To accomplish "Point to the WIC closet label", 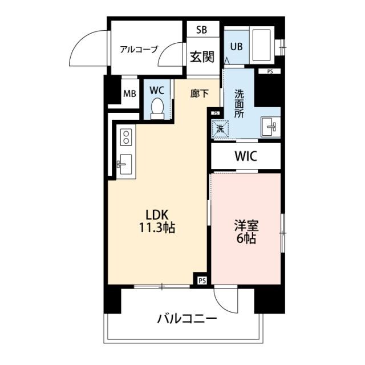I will coord(245,156).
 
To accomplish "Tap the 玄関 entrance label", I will coord(202,56).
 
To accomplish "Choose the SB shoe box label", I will coord(202,30).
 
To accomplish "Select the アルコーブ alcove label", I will coord(138,49).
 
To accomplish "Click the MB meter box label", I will coord(130,94).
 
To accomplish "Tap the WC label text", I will coord(157,90).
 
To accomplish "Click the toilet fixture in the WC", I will coord(157,108).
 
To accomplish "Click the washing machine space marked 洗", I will coord(221,128).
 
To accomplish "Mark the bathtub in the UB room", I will coord(263,45).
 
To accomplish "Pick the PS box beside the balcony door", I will coord(201,281).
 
